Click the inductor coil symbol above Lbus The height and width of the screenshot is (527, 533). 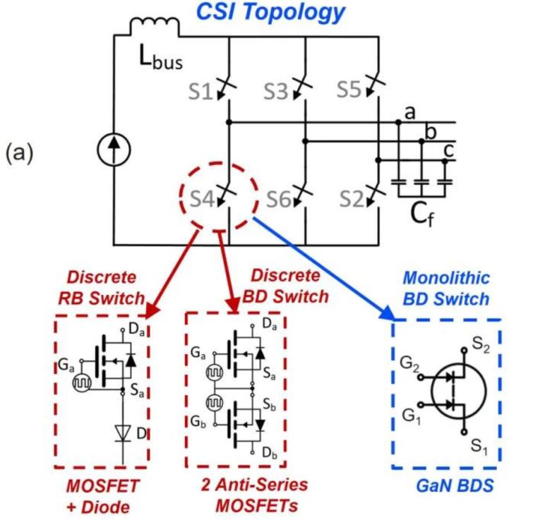154,28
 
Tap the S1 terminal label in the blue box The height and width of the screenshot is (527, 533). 480,446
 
